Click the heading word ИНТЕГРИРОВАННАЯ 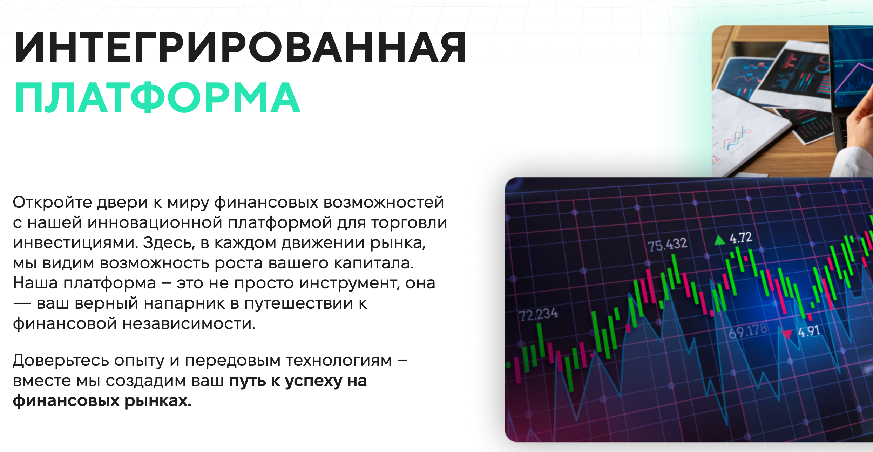(240, 47)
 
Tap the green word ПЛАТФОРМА (157, 97)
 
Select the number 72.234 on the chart (539, 314)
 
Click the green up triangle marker (719, 240)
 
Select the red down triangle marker (787, 334)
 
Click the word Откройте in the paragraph (52, 203)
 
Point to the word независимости (189, 324)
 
